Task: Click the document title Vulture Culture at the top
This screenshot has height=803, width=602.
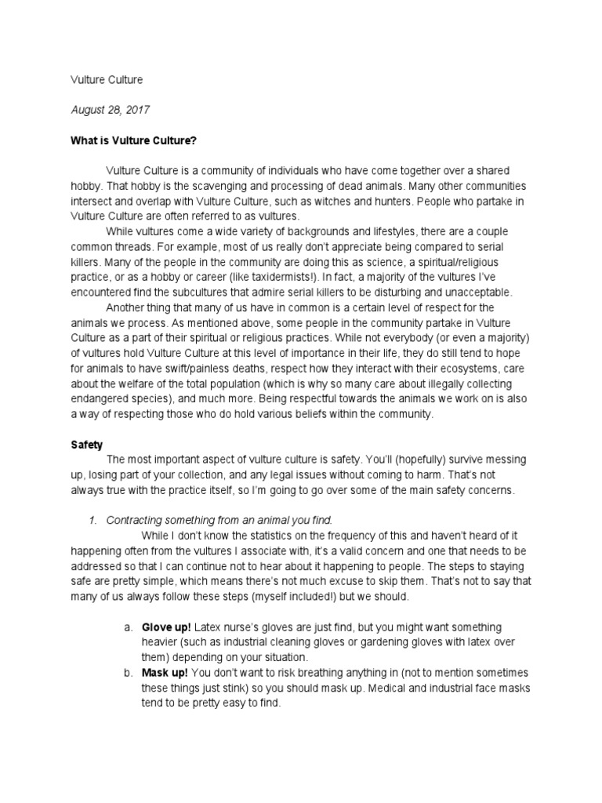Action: click(107, 79)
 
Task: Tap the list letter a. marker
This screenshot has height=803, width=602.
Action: click(129, 627)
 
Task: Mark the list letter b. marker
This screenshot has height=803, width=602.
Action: click(129, 673)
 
